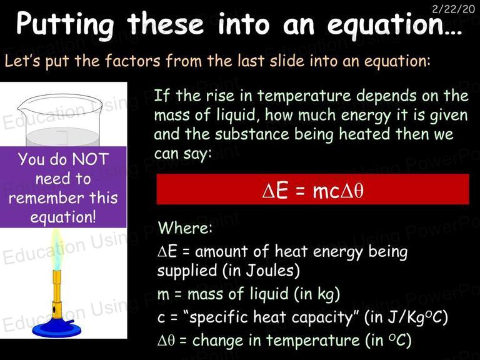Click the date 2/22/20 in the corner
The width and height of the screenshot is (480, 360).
pos(453,9)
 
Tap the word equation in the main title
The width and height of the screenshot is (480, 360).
pos(386,25)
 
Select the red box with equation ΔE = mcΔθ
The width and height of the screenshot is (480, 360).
pos(312,189)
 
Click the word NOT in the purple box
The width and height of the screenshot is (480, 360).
pos(90,159)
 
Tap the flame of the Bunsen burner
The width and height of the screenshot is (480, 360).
pos(56,248)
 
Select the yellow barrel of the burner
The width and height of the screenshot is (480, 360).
pos(57,293)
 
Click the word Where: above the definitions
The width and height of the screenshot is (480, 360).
pos(185,227)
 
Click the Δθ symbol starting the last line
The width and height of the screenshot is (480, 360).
pos(166,341)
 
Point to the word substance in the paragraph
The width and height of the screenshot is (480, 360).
pos(252,134)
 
